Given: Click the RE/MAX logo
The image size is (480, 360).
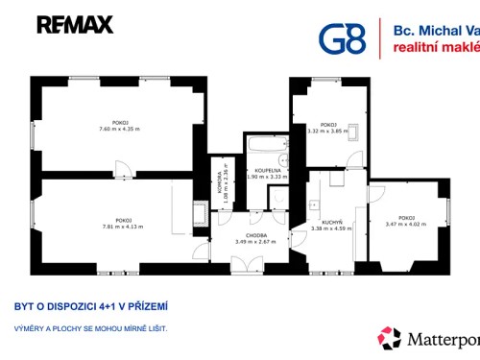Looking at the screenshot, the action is point(75,25).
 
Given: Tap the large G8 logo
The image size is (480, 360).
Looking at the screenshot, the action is point(343,38).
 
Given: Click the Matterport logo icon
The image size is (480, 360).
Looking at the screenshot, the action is point(389,338).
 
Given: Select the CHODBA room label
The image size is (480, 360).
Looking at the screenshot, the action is point(255,235).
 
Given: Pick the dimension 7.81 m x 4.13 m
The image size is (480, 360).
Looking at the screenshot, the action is point(122,227).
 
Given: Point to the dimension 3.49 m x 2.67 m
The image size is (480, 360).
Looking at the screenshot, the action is point(255,242).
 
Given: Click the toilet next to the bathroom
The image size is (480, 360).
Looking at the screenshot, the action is point(277,197).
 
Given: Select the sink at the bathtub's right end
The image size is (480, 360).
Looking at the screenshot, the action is point(282,159).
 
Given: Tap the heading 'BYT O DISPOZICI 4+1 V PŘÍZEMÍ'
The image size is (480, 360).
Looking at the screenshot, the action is point(91,307).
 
